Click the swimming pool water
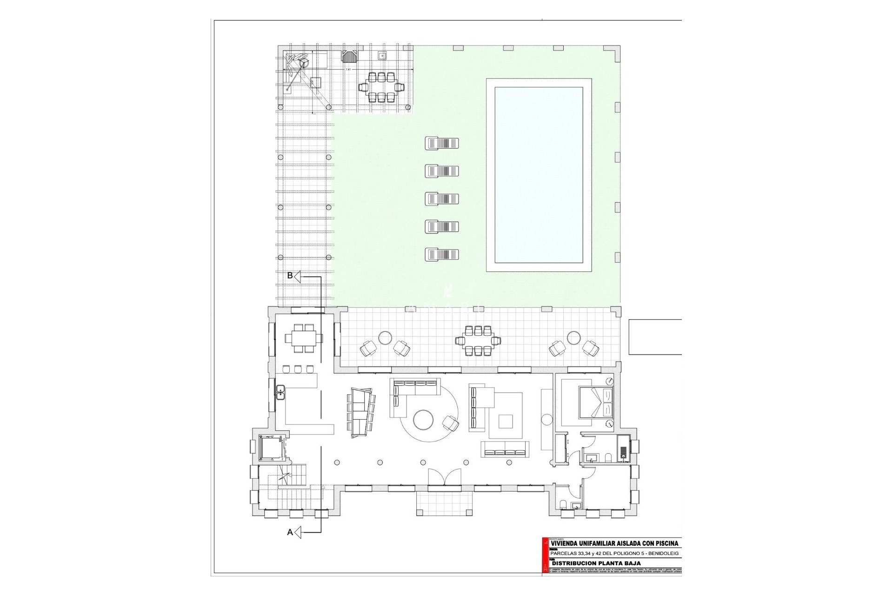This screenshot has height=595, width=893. click(x=539, y=175)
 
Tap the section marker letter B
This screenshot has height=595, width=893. click(x=290, y=276)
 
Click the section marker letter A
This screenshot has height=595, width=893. click(x=290, y=532)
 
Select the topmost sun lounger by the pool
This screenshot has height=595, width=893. click(x=442, y=143)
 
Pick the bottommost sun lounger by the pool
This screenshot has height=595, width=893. click(x=442, y=254)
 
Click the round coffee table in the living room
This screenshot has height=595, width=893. click(x=424, y=420)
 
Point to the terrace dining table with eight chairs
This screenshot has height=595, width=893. click(x=478, y=341)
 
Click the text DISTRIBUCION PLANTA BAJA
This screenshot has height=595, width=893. click(x=595, y=563)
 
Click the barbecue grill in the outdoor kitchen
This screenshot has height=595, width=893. click(x=349, y=57)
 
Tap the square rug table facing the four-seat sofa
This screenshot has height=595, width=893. click(x=506, y=421)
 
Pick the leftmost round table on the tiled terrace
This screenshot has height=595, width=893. click(x=386, y=337)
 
